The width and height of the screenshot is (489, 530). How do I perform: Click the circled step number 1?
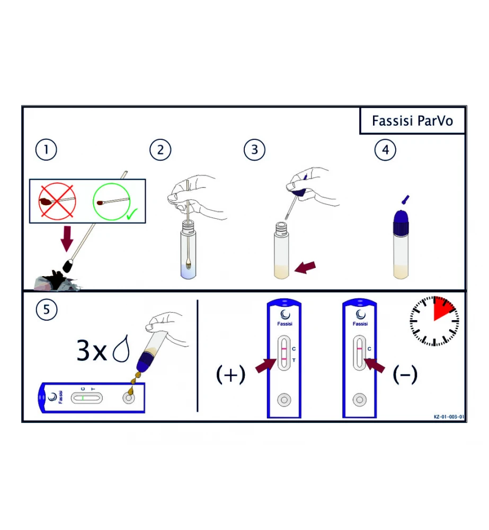click(46, 150)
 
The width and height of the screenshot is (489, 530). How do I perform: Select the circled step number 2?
click(160, 150)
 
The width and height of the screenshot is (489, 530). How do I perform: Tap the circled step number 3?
click(254, 150)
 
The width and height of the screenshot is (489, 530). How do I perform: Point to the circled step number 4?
click(385, 150)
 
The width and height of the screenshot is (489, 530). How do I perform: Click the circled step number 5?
click(46, 310)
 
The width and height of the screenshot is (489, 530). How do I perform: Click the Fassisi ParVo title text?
click(412, 121)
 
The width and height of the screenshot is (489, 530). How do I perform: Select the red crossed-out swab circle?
click(57, 201)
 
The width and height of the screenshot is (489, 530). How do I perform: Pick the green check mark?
click(132, 214)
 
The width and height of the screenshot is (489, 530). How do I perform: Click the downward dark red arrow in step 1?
click(67, 238)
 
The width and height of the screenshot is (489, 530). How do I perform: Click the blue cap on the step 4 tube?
click(401, 222)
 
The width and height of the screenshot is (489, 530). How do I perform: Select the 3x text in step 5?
click(92, 350)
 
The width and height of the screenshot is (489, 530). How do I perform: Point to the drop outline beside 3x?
click(122, 349)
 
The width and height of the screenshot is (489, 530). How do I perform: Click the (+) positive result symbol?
click(230, 375)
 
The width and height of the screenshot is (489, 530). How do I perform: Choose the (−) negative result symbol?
click(405, 375)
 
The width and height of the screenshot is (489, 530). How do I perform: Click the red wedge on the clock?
click(443, 308)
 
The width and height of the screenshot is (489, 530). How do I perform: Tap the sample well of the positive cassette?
click(284, 400)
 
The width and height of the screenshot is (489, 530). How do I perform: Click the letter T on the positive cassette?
click(294, 360)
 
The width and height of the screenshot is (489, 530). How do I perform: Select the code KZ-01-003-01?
click(449, 417)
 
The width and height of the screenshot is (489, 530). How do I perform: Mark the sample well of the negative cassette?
click(360, 400)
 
